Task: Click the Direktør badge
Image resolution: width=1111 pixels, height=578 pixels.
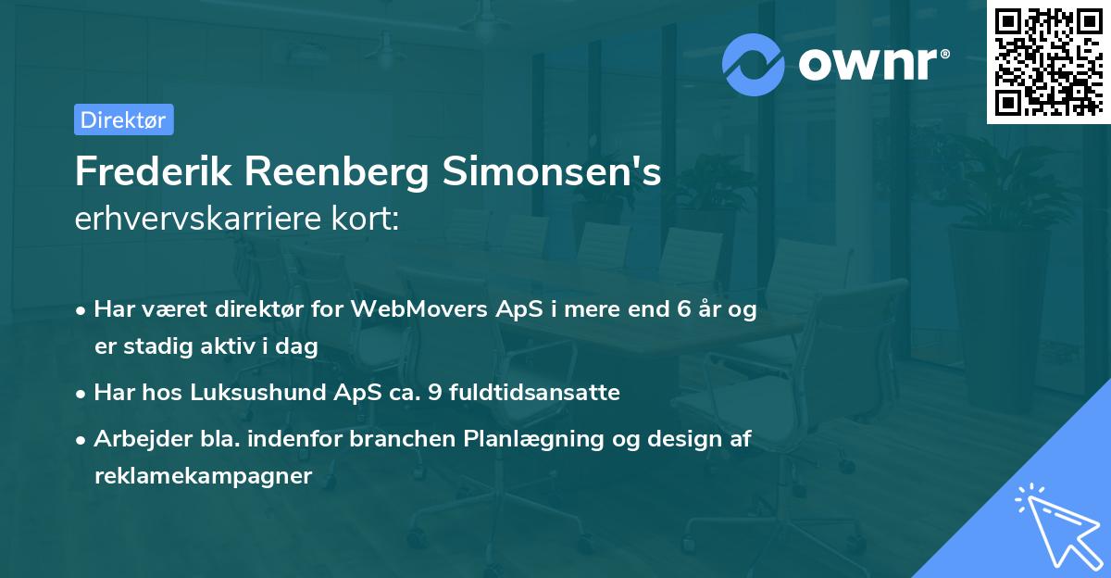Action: pyautogui.click(x=123, y=119)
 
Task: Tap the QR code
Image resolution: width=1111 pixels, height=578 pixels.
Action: pyautogui.click(x=1048, y=61)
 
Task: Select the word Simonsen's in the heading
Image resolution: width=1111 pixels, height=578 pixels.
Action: pyautogui.click(x=548, y=171)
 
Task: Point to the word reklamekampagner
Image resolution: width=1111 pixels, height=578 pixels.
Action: pyautogui.click(x=204, y=476)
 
